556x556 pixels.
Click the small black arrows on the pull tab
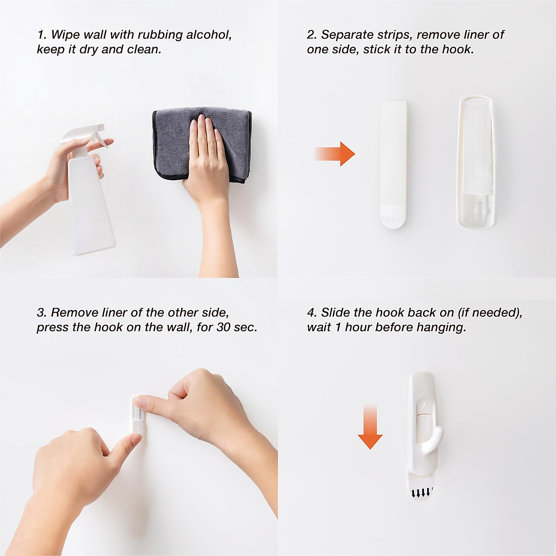coord(422,493)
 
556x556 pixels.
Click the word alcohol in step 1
coord(208,35)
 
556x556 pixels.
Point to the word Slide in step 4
coord(335,313)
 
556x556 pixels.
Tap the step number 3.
coord(40,313)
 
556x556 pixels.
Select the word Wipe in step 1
coord(63,35)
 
